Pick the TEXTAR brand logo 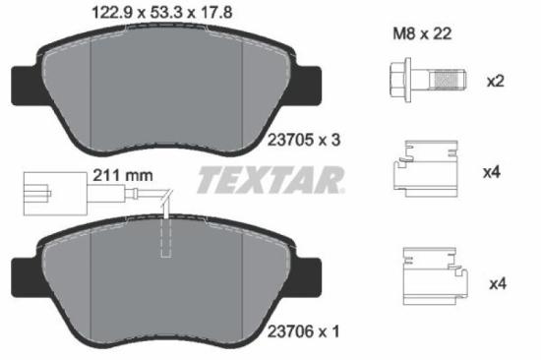pyautogui.click(x=270, y=181)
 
